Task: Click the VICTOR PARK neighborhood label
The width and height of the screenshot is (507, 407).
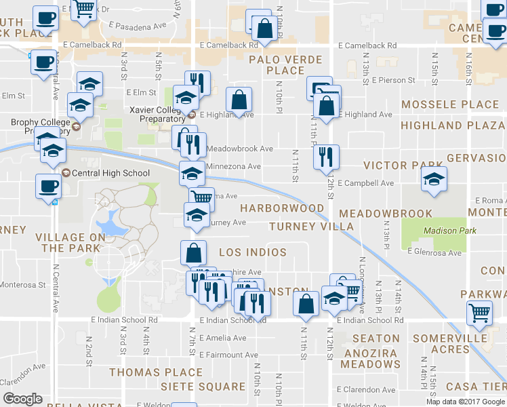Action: (x=394, y=166)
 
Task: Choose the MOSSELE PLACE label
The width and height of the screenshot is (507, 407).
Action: (x=450, y=104)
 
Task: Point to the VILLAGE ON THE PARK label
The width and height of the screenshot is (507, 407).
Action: (x=70, y=243)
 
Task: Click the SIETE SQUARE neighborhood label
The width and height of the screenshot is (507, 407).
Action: (x=203, y=387)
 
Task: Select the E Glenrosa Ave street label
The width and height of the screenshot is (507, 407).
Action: (x=434, y=252)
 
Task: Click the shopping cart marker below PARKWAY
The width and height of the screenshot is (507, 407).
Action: (x=479, y=313)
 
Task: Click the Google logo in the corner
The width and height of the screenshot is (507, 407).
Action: (x=23, y=399)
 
